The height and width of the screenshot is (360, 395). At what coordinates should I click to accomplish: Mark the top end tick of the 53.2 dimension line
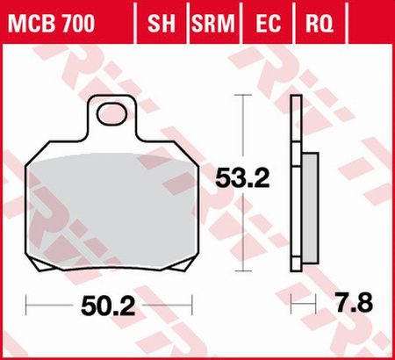tap(242, 94)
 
